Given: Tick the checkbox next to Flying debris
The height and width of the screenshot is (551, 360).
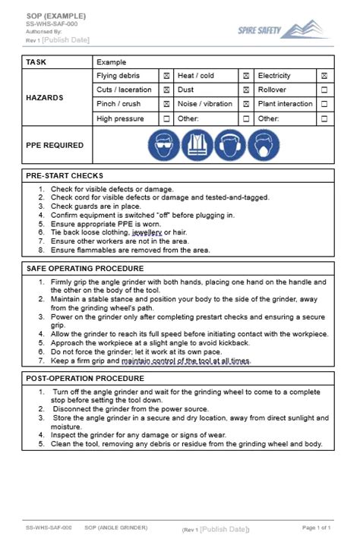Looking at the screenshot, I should [166, 76].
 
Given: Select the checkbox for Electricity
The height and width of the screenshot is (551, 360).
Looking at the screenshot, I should [324, 76].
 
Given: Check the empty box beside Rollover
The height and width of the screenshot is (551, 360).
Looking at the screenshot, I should [324, 90].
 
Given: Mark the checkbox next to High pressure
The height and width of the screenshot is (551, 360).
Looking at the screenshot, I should [166, 119].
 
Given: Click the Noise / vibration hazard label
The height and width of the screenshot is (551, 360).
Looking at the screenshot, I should [205, 105].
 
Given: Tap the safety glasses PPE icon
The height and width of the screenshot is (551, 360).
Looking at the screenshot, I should [164, 145].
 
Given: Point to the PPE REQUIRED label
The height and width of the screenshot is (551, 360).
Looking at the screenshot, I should [54, 146].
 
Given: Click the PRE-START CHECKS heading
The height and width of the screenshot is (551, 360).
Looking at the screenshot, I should [65, 175].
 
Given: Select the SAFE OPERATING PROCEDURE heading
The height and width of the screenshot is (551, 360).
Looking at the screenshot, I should [85, 269].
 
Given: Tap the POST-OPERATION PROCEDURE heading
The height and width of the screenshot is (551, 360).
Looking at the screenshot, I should [85, 377].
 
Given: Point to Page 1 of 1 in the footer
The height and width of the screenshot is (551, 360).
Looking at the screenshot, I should [316, 527].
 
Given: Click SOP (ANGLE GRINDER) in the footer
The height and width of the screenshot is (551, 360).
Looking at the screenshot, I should [115, 527].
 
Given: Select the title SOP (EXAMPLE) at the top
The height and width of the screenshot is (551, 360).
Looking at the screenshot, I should [55, 15].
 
